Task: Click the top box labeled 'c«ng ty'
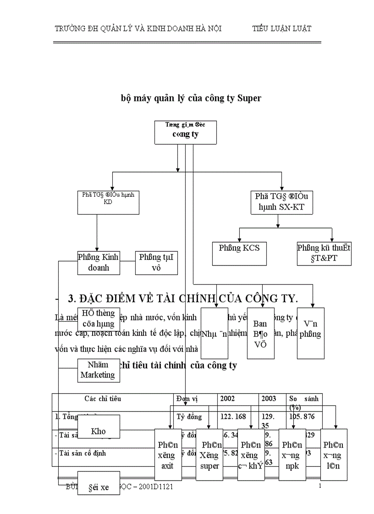[x=186, y=132]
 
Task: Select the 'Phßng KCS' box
[x=239, y=253]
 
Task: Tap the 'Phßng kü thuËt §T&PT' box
[x=324, y=254]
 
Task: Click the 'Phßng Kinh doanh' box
[x=98, y=262]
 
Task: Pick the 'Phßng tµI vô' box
[x=156, y=262]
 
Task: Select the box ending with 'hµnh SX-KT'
[x=278, y=201]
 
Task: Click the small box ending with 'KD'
[x=108, y=201]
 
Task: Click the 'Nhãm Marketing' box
[x=98, y=370]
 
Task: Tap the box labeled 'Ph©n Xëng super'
[x=209, y=455]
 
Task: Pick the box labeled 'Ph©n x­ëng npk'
[x=292, y=455]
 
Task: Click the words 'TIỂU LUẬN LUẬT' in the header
[x=282, y=28]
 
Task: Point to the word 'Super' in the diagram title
[x=249, y=98]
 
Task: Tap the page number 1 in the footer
[x=319, y=486]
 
